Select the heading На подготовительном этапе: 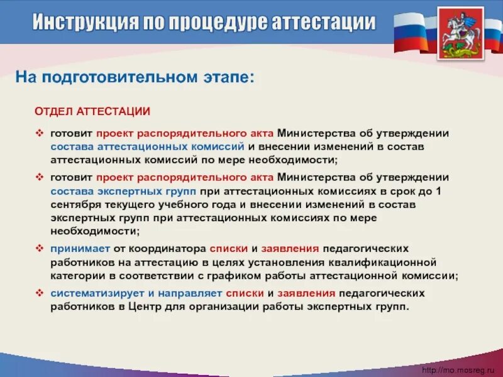(x=135, y=78)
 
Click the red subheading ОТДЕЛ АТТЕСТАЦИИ (x=92, y=111)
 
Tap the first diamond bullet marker (x=38, y=134)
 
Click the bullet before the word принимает (x=38, y=248)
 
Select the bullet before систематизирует (x=38, y=293)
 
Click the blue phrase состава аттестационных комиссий (x=147, y=146)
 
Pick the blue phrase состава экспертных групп (x=124, y=191)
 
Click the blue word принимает (x=78, y=248)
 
